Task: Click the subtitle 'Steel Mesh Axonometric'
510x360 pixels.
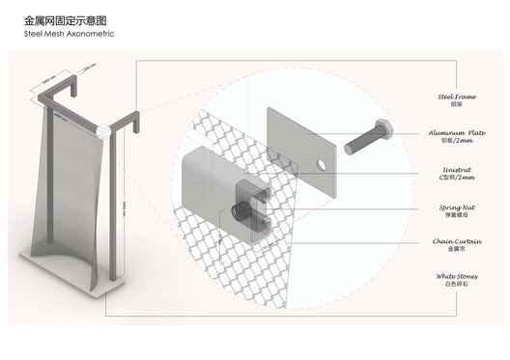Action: pos(69,33)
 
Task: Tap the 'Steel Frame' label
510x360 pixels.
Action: pos(456,97)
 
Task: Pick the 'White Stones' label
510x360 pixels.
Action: pos(454,276)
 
